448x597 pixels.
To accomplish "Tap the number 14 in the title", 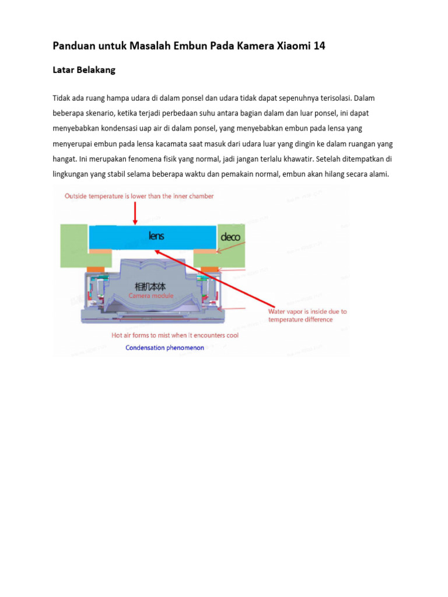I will [x=318, y=46].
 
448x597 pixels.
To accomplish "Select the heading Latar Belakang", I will [x=84, y=70].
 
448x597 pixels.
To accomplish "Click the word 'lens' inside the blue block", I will [x=156, y=236].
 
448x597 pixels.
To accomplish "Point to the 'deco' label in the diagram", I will [x=230, y=237].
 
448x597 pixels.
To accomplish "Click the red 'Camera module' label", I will [x=151, y=296].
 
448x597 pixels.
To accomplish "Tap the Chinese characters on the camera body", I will [x=150, y=286].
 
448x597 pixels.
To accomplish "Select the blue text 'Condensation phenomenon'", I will [x=165, y=348].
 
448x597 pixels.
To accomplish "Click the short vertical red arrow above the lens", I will [x=135, y=213].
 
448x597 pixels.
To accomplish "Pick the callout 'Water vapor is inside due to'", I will [x=307, y=311].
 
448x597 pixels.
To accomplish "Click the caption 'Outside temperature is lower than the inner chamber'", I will [x=139, y=196].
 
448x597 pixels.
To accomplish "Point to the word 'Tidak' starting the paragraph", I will [x=62, y=98].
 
